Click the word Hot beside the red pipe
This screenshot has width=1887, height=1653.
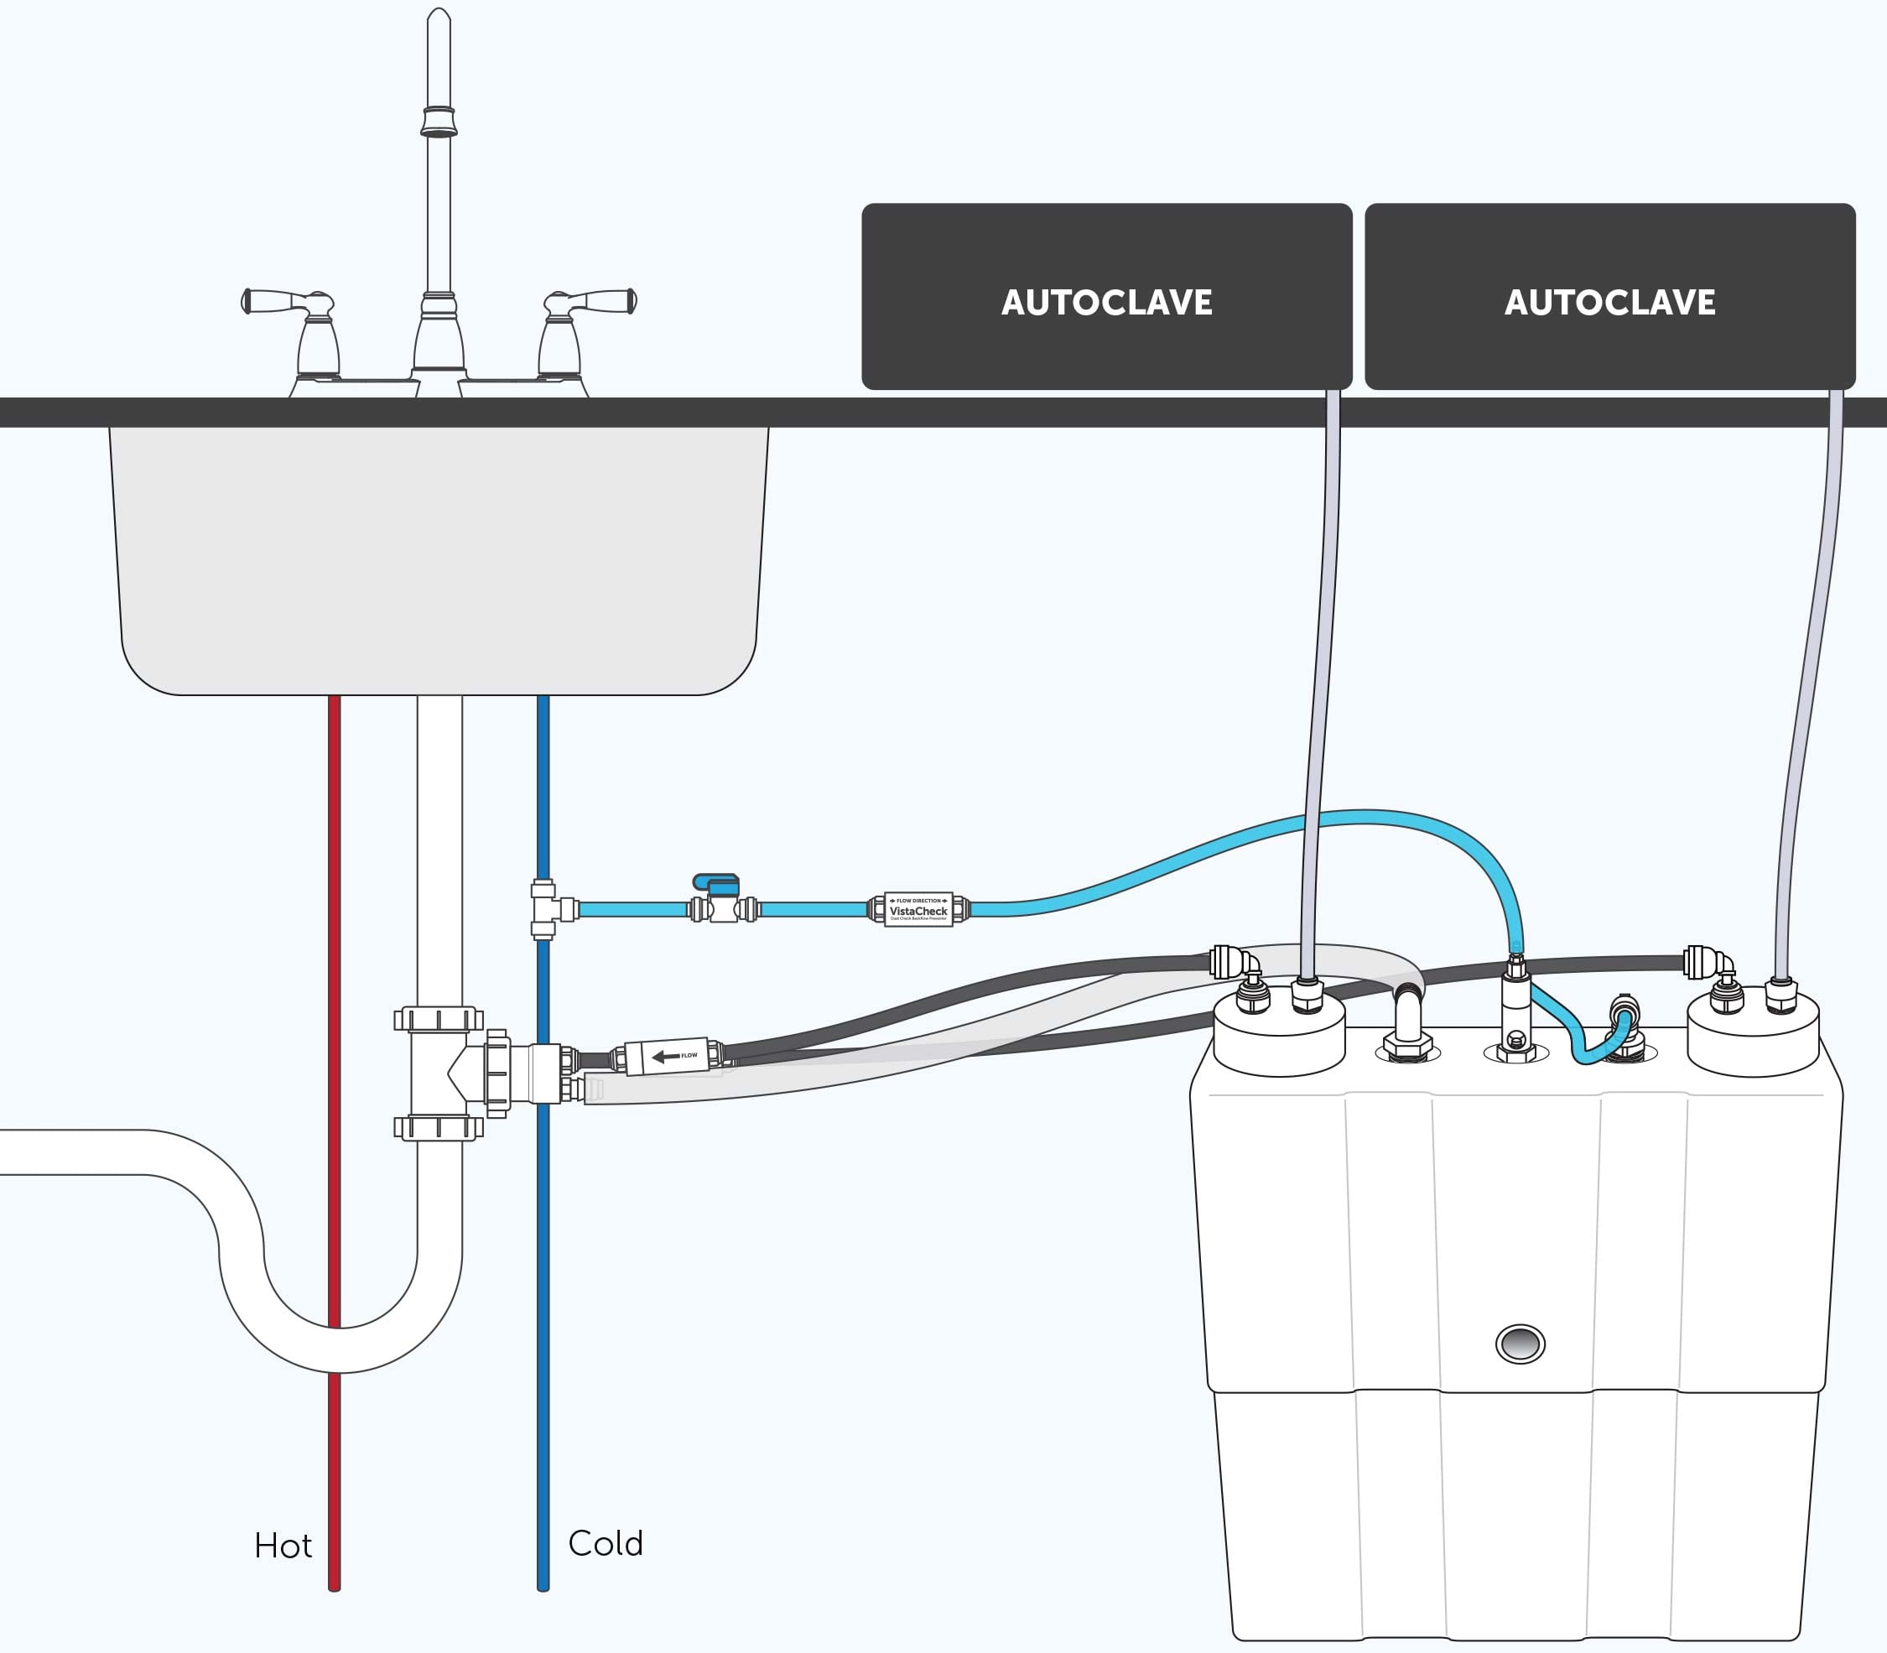tap(283, 1545)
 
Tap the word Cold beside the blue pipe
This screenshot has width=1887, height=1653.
tap(605, 1542)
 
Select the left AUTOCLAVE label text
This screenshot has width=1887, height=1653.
tap(1106, 303)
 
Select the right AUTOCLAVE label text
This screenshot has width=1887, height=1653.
tap(1609, 303)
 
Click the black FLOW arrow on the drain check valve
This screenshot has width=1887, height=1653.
tap(666, 1056)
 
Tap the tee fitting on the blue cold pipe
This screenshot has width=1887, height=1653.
tap(546, 908)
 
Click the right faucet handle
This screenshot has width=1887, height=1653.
tap(590, 303)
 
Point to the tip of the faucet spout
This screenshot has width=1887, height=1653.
tap(439, 17)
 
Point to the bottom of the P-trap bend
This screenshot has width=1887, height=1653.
tap(340, 1349)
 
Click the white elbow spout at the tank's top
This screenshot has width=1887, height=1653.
tap(1407, 1015)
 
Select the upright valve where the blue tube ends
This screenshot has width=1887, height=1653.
tap(1515, 1006)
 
